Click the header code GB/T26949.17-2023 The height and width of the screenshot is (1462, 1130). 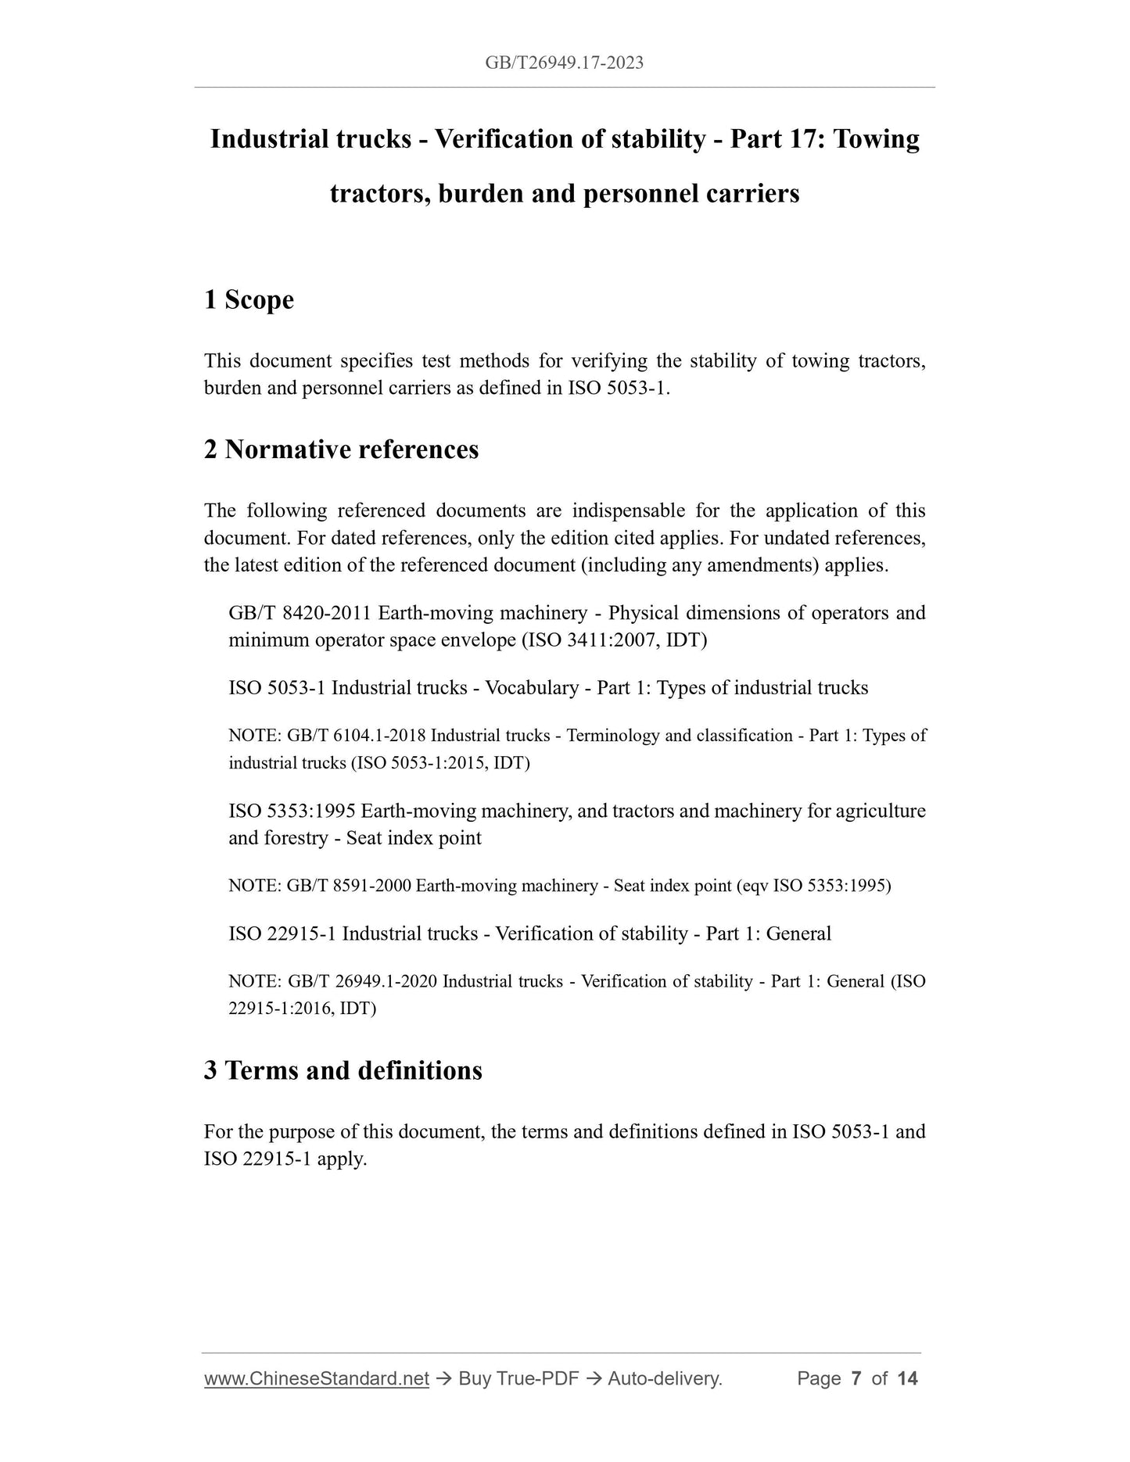click(x=564, y=63)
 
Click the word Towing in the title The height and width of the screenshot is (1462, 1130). click(x=876, y=139)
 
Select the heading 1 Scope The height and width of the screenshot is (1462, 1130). click(x=249, y=299)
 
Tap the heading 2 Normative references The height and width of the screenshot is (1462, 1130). click(x=341, y=450)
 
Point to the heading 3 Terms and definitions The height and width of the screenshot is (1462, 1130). click(x=343, y=1070)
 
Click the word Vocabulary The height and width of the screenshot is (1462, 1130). click(x=532, y=688)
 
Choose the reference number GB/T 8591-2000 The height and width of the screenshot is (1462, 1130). click(x=349, y=886)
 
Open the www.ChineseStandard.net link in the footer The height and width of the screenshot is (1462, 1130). click(x=317, y=1378)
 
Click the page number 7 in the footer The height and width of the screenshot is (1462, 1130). click(x=856, y=1378)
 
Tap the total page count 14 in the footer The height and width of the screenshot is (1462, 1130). click(x=907, y=1378)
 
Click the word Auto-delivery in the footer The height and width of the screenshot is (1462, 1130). click(x=663, y=1378)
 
